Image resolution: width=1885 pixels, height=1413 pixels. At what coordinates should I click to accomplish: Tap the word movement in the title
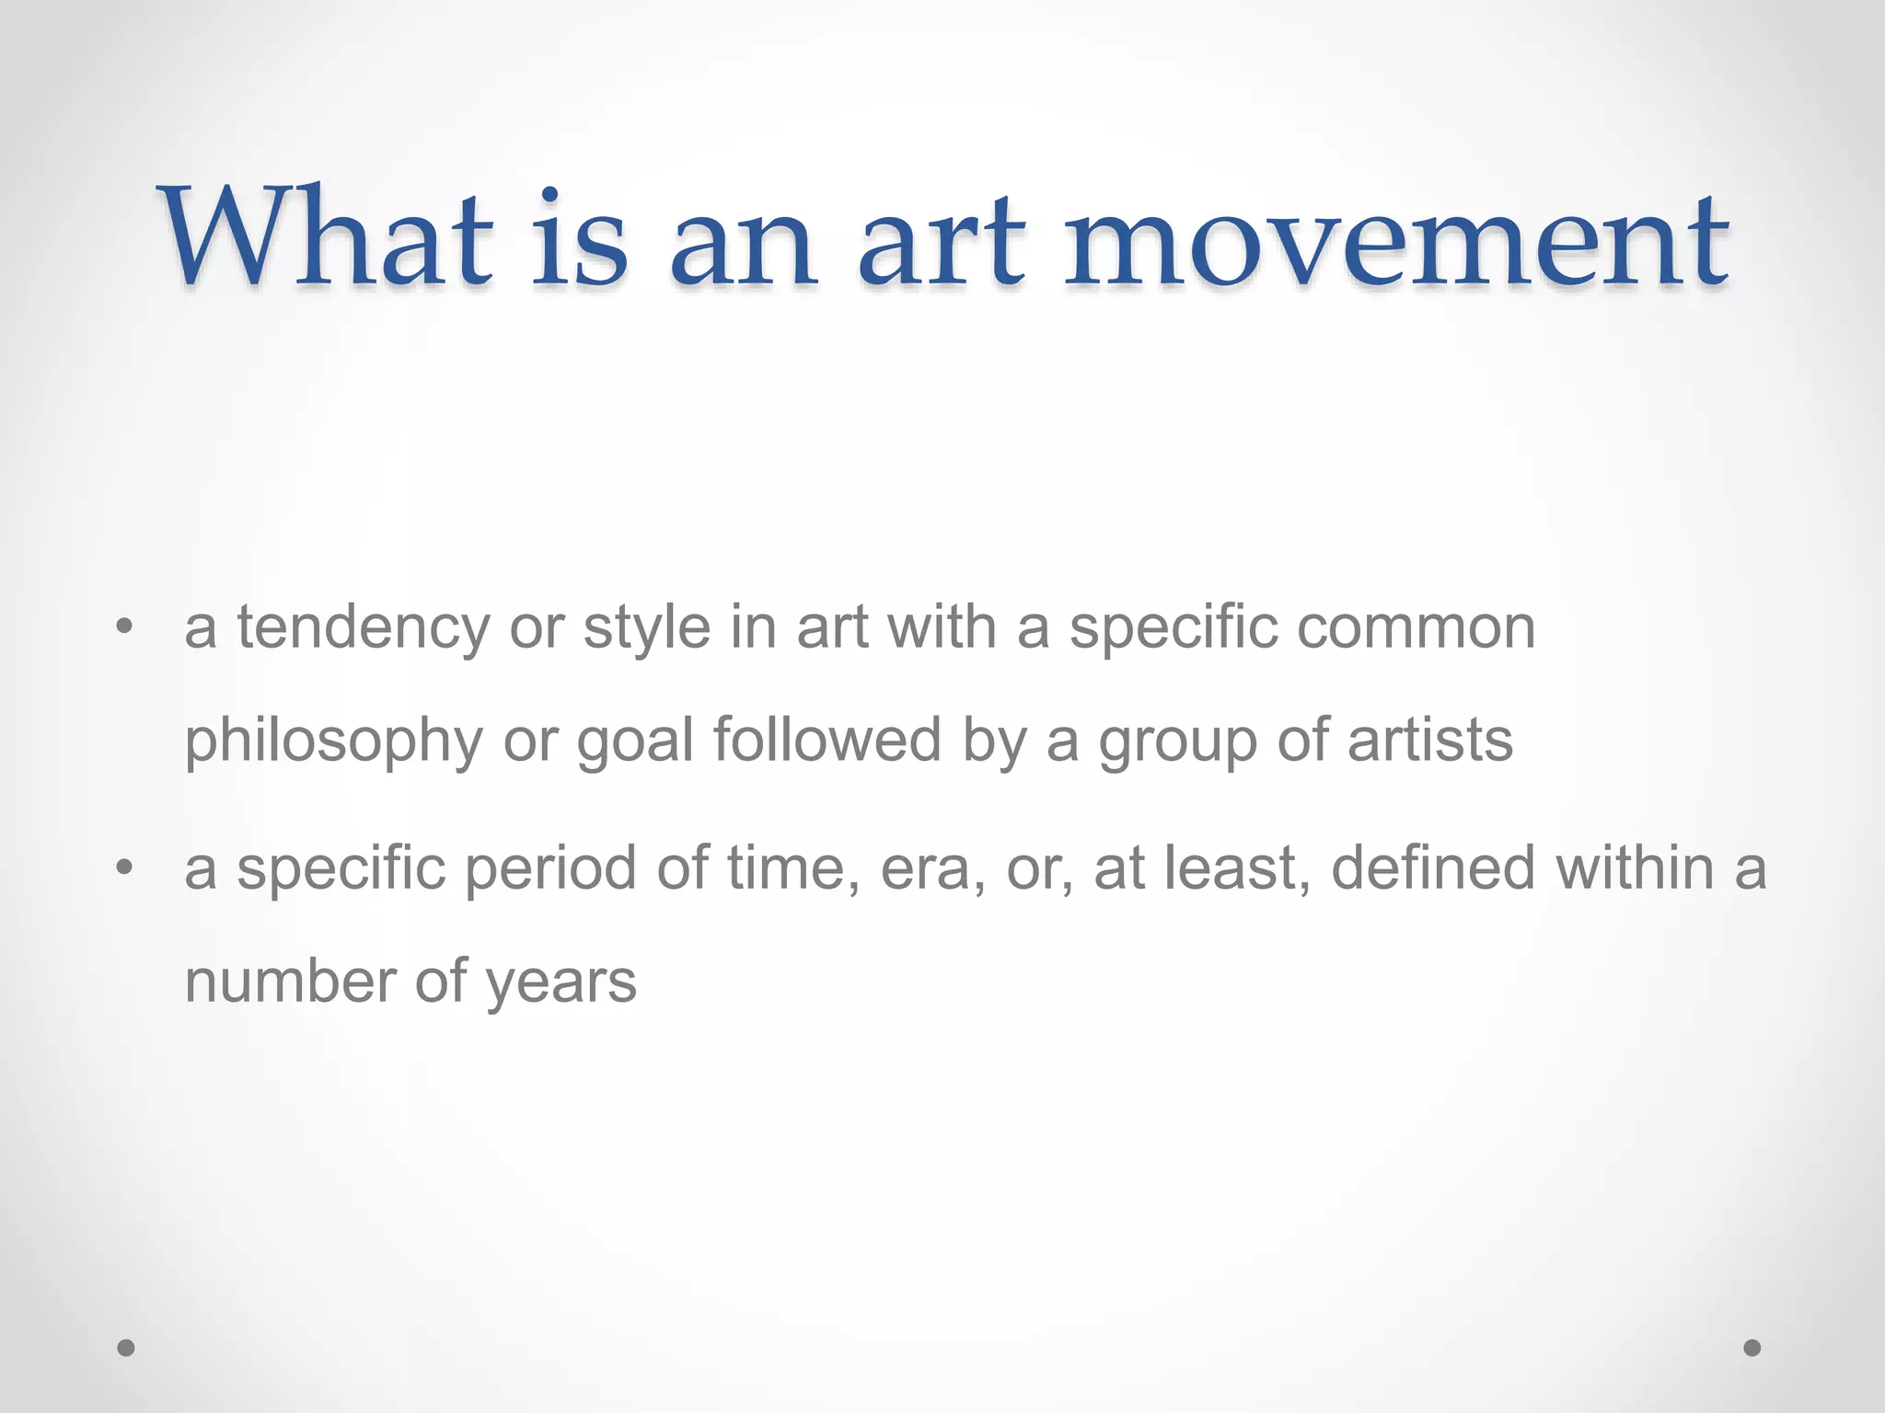[1396, 241]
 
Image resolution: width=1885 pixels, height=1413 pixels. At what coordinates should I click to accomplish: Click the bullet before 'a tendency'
[124, 629]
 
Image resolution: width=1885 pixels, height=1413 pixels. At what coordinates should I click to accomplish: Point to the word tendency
[364, 629]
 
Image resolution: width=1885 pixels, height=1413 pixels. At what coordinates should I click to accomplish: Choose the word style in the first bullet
[647, 629]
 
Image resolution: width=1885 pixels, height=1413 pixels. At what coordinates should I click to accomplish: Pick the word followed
[827, 741]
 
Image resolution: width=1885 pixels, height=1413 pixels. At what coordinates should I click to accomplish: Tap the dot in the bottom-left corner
[126, 1348]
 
